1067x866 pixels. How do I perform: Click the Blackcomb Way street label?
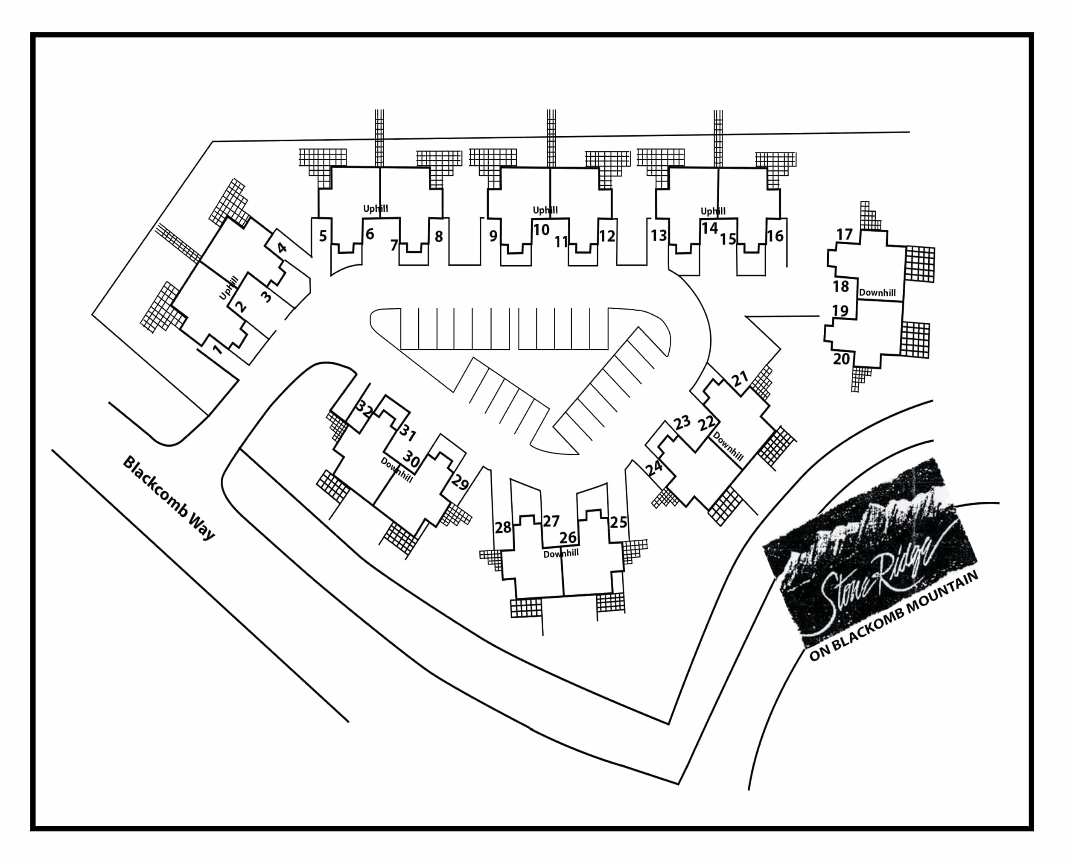pos(169,498)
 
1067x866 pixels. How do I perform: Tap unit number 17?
pos(844,234)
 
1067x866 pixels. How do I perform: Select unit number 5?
pos(323,236)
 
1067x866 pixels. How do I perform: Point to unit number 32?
pos(364,410)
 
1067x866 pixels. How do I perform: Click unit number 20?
pos(841,359)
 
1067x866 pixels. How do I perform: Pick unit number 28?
pos(503,527)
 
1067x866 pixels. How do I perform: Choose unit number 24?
pos(654,468)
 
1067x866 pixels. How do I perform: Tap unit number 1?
pos(217,349)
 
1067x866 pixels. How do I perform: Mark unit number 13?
pos(659,235)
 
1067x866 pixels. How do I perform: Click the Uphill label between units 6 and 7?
pos(376,208)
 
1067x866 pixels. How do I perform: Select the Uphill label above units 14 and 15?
pos(713,211)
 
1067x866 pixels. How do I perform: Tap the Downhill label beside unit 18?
pos(877,293)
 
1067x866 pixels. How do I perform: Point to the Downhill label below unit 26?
pos(561,554)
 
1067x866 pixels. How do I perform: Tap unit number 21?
pos(740,379)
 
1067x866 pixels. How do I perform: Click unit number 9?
pos(493,236)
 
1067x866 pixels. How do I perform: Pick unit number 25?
pos(618,522)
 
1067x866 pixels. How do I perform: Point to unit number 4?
pos(282,247)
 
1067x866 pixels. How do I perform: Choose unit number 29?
pos(460,483)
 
